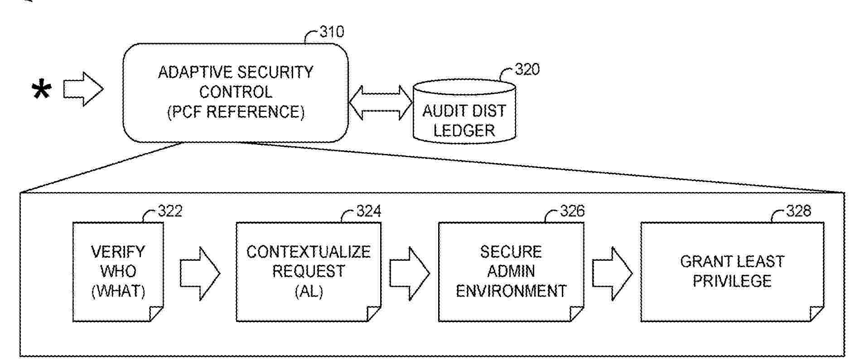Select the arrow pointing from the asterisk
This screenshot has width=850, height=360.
coord(83,89)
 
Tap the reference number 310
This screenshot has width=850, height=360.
coord(332,32)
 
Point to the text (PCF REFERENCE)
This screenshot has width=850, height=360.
coord(236,112)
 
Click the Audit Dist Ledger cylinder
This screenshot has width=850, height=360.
coord(464,113)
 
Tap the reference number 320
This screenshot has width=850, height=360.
coord(527,70)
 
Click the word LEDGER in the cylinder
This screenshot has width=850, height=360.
coord(464,131)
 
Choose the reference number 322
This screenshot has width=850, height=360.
coord(170,211)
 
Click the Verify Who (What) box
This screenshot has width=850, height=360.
coord(118,272)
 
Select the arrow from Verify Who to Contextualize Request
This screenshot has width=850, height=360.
coord(200,274)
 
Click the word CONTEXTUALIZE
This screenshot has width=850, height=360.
coord(308,252)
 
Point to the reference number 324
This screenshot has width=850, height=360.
coord(368,211)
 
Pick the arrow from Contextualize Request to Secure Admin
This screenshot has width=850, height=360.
coord(409,274)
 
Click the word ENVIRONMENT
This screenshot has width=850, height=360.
coord(511,291)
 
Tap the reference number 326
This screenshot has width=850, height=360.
coord(572,211)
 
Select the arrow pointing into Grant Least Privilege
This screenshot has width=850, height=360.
coord(612,274)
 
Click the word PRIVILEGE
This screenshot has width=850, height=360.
coord(732,281)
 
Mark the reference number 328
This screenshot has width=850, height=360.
coord(798,211)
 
